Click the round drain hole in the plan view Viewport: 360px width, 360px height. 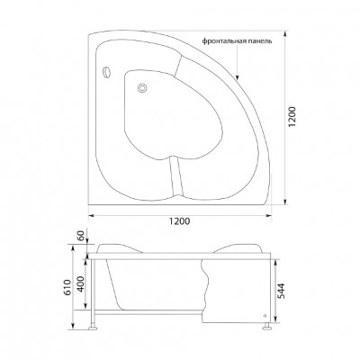coord(141,87)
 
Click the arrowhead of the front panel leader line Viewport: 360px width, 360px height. coord(237,72)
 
